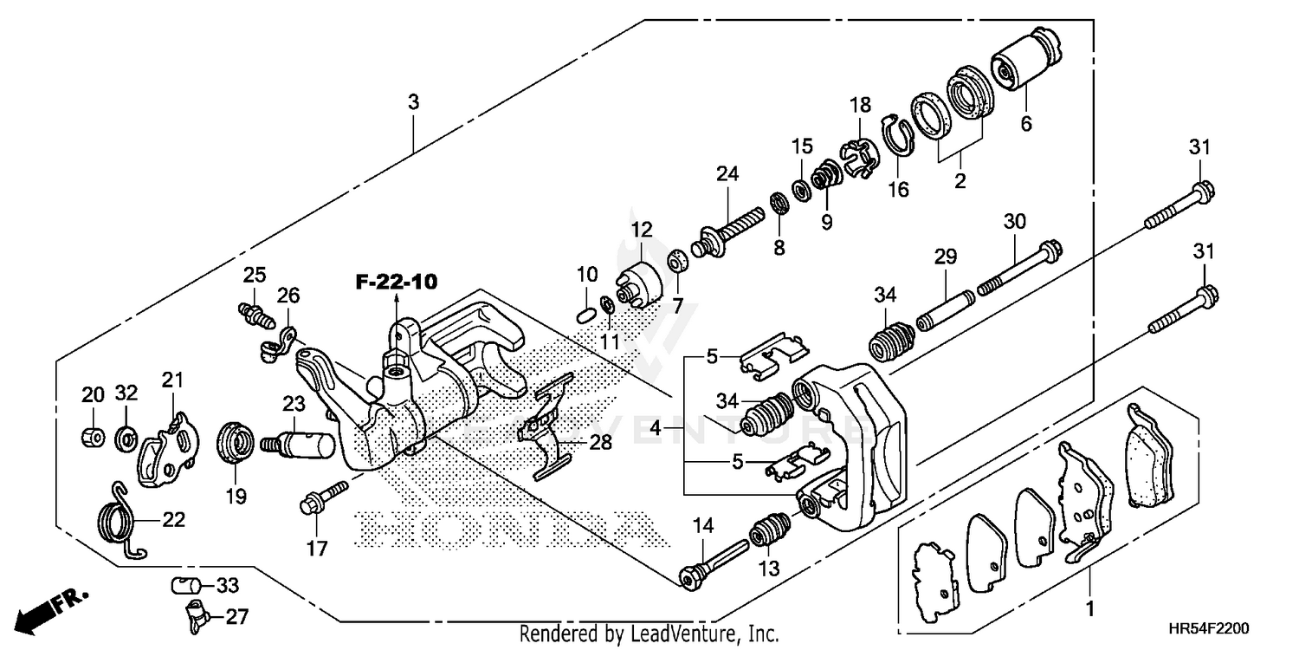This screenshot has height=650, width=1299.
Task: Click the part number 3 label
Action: (x=414, y=102)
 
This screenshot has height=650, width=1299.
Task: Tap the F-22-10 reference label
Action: (x=396, y=282)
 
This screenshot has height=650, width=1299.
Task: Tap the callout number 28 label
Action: (x=599, y=443)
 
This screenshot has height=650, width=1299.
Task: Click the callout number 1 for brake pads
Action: (x=1089, y=608)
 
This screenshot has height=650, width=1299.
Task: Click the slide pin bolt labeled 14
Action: (x=714, y=562)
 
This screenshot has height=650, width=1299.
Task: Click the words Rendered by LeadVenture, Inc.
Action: (x=649, y=634)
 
